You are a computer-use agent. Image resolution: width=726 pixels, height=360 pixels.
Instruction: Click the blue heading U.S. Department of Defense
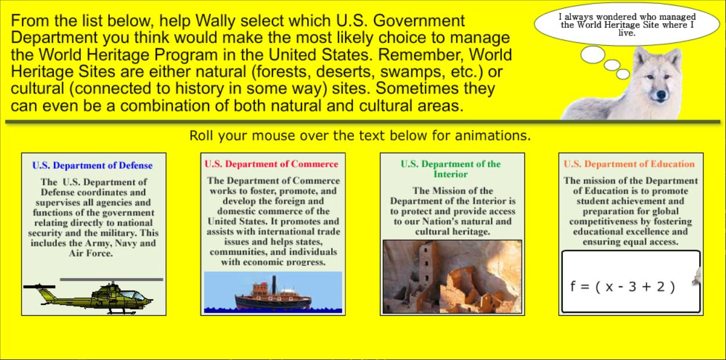[x=92, y=165]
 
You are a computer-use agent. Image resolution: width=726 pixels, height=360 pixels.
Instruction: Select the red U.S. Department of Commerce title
[x=271, y=164]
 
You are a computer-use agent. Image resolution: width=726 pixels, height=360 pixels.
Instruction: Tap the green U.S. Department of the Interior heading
[x=451, y=169]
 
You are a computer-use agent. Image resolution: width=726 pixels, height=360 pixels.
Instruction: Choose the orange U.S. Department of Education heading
[x=629, y=164]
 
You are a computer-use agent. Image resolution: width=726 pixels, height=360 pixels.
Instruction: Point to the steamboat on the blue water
[x=273, y=294]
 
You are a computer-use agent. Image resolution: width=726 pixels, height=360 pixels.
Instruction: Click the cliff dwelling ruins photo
[x=452, y=277]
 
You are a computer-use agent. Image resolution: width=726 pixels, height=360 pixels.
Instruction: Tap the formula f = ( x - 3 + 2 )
[x=623, y=287]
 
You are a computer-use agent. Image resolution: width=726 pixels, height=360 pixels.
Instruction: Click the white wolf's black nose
[x=661, y=95]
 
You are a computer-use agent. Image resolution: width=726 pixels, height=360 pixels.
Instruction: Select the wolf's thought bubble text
[x=627, y=24]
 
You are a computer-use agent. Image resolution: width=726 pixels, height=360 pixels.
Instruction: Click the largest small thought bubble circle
[x=593, y=55]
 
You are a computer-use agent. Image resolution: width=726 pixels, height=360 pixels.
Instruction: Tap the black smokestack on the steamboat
[x=274, y=284]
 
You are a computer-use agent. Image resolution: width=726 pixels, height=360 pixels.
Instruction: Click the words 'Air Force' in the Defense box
[x=91, y=253]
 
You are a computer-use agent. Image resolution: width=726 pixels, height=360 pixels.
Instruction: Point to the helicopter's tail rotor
[x=39, y=286]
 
